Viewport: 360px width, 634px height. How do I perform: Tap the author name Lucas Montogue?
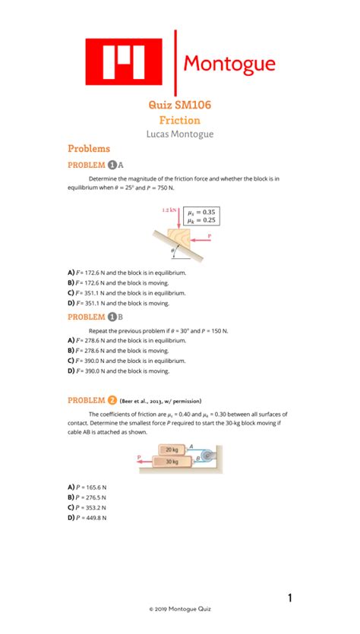[x=179, y=134]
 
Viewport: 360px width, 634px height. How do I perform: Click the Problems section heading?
[x=89, y=149]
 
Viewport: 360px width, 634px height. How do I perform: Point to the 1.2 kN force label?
[x=169, y=210]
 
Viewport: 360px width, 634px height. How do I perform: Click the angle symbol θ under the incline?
[x=172, y=248]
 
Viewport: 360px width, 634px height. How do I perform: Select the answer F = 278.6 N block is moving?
[x=118, y=351]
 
